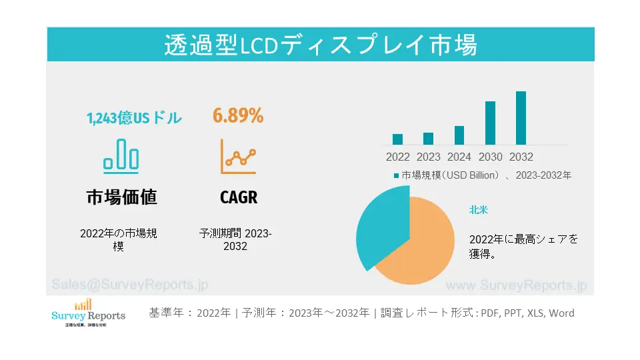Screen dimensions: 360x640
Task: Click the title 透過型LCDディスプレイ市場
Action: coord(320,45)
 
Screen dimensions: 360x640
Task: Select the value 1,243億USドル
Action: coord(134,119)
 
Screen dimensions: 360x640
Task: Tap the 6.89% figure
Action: coord(238,116)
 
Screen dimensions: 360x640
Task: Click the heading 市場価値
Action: coord(121,197)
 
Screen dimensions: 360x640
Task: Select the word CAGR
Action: coord(238,197)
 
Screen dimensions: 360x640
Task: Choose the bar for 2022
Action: coord(397,139)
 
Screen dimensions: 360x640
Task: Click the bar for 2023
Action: coord(428,139)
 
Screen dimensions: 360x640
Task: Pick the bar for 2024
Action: coord(459,135)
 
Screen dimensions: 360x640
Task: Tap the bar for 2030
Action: coord(490,123)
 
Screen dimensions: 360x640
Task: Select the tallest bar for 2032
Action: coord(521,118)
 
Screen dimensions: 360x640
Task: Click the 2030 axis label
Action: coord(490,157)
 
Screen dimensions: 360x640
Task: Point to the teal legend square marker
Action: coord(395,176)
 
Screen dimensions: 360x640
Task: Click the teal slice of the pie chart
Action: coord(380,223)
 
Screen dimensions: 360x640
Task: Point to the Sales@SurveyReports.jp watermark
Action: coord(129,285)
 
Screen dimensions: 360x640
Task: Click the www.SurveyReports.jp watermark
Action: coord(515,285)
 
